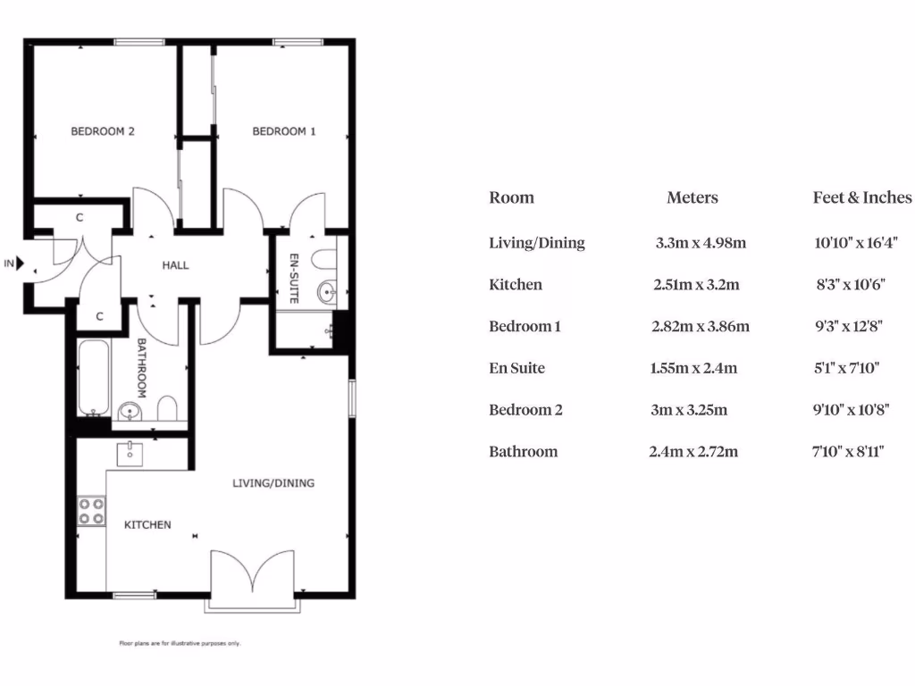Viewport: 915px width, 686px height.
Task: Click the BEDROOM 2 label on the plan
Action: click(103, 131)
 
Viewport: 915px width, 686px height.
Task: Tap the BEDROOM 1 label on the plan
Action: click(284, 131)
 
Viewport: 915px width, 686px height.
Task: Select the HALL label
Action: click(175, 265)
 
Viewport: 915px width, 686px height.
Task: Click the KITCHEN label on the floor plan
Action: click(147, 524)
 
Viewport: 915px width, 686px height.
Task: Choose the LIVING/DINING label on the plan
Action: click(273, 483)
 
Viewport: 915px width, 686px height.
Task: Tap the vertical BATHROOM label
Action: click(141, 367)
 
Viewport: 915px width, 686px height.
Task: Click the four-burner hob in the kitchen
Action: click(91, 511)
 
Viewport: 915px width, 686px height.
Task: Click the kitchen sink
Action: click(131, 453)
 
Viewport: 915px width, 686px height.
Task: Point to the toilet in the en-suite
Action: click(323, 259)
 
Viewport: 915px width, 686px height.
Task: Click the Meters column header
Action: click(692, 197)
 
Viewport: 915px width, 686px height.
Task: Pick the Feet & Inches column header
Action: click(861, 197)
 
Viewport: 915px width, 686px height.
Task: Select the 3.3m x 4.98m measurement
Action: click(701, 242)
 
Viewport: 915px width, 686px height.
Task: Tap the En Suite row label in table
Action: click(516, 368)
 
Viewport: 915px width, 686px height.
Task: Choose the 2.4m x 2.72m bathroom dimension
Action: click(693, 452)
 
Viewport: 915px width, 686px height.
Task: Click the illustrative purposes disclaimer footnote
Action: click(180, 643)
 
